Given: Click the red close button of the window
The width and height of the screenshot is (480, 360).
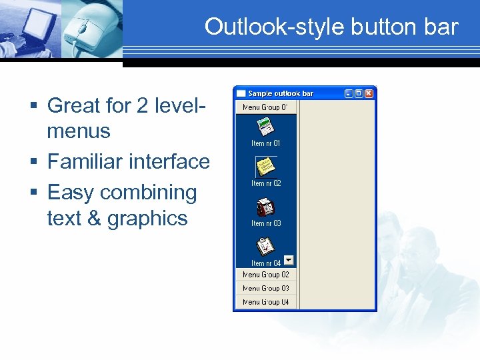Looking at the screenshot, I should (x=369, y=93).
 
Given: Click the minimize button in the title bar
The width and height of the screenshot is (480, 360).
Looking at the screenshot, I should (x=349, y=93).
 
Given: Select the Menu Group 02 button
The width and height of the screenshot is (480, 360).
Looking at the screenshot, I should (x=265, y=275).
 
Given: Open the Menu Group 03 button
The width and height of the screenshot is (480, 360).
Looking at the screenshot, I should (x=265, y=289).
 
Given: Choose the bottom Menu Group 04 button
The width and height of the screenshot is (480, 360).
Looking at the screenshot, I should (x=265, y=302).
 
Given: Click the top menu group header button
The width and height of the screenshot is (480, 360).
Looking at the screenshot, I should (x=265, y=107).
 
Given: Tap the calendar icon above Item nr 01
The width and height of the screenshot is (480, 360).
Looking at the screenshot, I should (x=266, y=126).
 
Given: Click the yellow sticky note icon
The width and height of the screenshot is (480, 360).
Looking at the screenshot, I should (x=266, y=166).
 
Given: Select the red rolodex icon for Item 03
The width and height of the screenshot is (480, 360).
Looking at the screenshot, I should (x=266, y=207).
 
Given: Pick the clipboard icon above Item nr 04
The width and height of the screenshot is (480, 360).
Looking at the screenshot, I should (x=266, y=246).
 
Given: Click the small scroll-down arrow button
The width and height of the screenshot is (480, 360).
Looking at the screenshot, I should (x=289, y=260).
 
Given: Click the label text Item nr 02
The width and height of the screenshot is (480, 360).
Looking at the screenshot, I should (x=266, y=183).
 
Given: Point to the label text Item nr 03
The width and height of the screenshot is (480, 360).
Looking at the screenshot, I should (x=266, y=223).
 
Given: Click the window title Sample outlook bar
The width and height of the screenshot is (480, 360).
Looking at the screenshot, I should (x=281, y=93).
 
